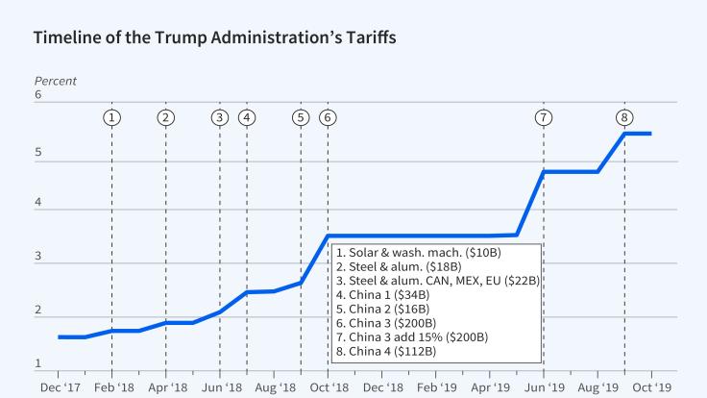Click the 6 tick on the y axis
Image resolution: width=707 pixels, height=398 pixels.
click(38, 95)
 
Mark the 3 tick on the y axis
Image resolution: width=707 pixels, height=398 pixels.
click(38, 257)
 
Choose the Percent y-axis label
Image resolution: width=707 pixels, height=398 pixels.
click(55, 81)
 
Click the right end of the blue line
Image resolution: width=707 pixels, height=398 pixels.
click(651, 134)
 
